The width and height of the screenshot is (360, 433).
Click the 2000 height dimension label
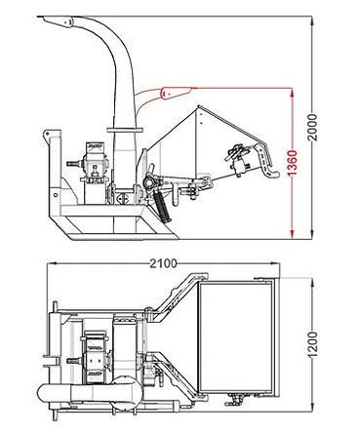click(x=312, y=127)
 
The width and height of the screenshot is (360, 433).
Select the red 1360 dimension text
click(x=293, y=163)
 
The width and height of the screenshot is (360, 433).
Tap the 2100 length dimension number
click(x=164, y=263)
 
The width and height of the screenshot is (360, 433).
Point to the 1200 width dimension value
click(x=312, y=344)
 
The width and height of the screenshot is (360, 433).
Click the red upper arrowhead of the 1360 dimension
click(x=293, y=93)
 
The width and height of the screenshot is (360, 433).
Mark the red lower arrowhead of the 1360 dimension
click(x=293, y=234)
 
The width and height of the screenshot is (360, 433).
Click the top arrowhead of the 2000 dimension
click(x=312, y=20)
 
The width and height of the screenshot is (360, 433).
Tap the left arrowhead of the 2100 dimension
click(x=53, y=263)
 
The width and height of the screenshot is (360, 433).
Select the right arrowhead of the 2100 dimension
click(x=275, y=263)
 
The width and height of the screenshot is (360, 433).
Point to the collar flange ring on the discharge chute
click(x=125, y=130)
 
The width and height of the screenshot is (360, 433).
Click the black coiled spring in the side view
click(x=161, y=206)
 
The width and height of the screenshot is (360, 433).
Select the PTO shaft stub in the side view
click(x=74, y=164)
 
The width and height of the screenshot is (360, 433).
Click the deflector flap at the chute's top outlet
click(x=56, y=21)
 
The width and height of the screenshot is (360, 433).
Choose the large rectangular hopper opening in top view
click(x=235, y=337)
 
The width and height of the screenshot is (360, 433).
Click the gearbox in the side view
click(x=95, y=163)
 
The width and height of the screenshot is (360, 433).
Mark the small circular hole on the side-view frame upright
click(x=56, y=195)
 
